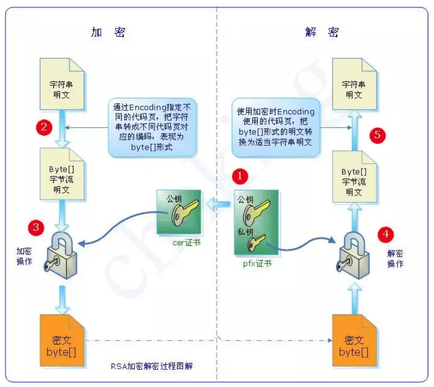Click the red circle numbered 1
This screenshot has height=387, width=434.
click(x=240, y=177)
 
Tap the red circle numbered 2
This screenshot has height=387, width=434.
click(x=44, y=126)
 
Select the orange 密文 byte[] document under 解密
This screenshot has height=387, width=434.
click(x=354, y=340)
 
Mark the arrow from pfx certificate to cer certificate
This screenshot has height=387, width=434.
click(x=219, y=206)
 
